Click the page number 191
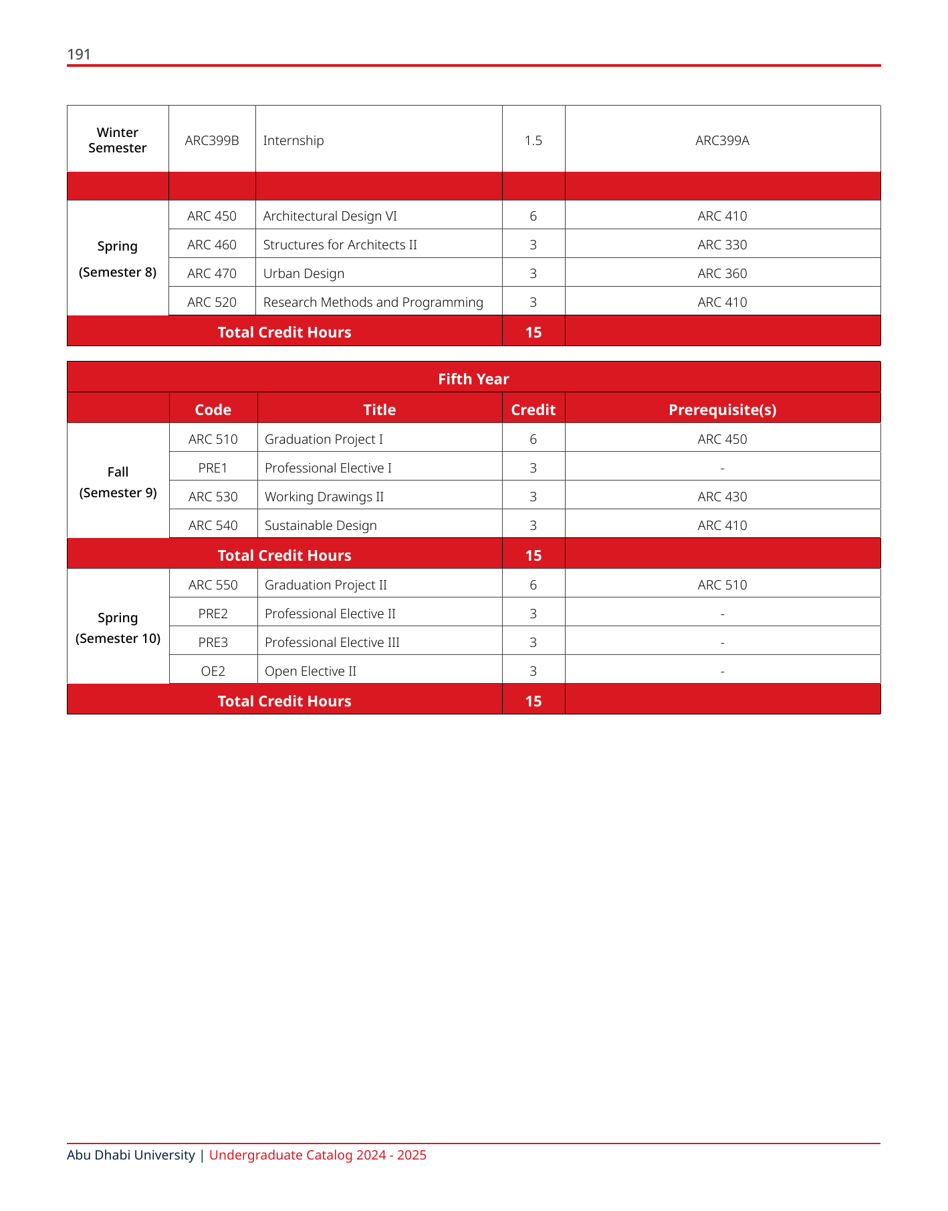(x=79, y=54)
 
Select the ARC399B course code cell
(x=212, y=140)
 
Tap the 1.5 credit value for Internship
(x=533, y=140)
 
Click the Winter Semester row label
(x=118, y=140)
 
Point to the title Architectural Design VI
(x=330, y=216)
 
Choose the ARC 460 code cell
(x=212, y=245)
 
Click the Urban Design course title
(x=304, y=273)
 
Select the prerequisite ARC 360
(x=722, y=273)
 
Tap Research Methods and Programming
(x=373, y=302)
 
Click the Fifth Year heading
(x=473, y=379)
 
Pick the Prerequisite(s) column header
(x=722, y=410)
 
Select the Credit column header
(x=533, y=410)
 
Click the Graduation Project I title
(x=324, y=439)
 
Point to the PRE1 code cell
(x=213, y=468)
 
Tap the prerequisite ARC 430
(x=722, y=497)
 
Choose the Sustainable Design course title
(x=320, y=525)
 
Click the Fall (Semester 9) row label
(x=118, y=482)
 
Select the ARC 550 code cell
(x=213, y=585)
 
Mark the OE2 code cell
(x=213, y=671)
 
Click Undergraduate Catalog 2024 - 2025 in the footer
(x=318, y=1155)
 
